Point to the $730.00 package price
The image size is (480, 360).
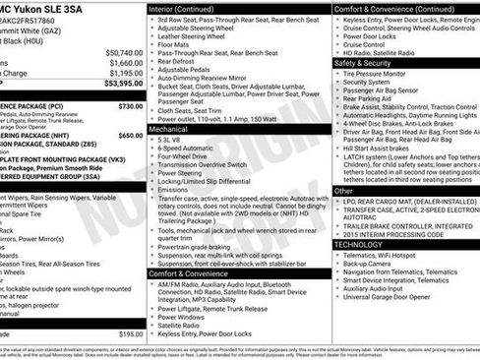(x=130, y=104)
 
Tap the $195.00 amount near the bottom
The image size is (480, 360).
(x=131, y=334)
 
